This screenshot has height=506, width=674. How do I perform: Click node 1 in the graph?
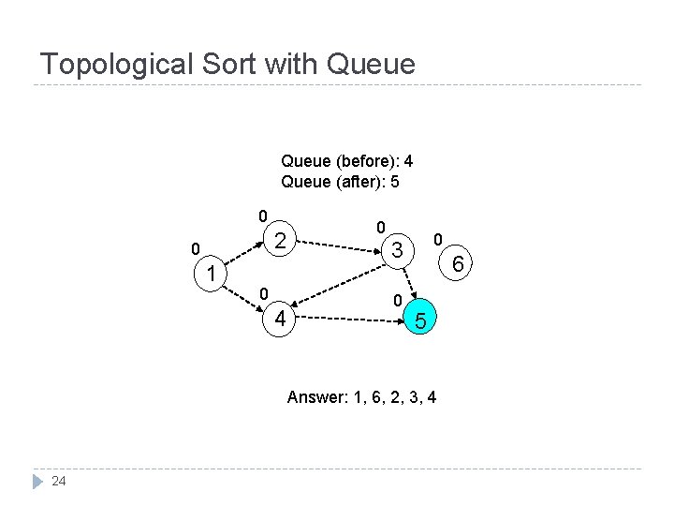pyautogui.click(x=212, y=274)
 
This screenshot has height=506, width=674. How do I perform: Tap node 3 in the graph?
pyautogui.click(x=398, y=250)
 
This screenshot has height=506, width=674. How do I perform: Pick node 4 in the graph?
pyautogui.click(x=279, y=320)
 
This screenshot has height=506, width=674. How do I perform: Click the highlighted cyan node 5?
pyautogui.click(x=421, y=321)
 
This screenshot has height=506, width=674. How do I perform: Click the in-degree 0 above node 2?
pyautogui.click(x=264, y=215)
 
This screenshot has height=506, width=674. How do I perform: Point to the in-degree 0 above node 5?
pyautogui.click(x=398, y=301)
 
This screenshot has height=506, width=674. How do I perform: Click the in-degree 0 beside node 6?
pyautogui.click(x=437, y=241)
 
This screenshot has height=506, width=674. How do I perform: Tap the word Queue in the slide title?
pyautogui.click(x=371, y=65)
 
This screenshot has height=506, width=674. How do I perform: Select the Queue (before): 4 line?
pyautogui.click(x=346, y=161)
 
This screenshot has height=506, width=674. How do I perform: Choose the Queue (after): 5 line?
pyautogui.click(x=340, y=182)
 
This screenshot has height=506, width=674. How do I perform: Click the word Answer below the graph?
pyautogui.click(x=315, y=397)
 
